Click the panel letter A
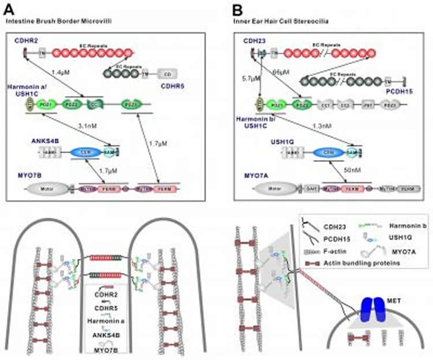click(x=10, y=10)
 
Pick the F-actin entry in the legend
click(x=339, y=253)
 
